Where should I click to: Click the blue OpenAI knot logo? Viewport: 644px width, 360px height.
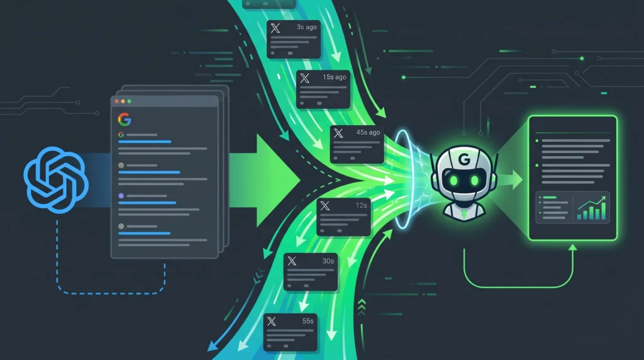(56, 180)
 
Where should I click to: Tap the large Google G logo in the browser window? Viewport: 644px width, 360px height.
(125, 120)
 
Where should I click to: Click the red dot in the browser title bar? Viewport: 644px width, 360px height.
(117, 101)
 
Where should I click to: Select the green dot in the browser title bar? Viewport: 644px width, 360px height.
(129, 101)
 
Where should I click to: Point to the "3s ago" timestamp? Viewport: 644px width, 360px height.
(307, 27)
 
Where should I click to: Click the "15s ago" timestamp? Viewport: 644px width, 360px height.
(335, 77)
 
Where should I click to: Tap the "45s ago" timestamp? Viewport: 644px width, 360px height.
(368, 132)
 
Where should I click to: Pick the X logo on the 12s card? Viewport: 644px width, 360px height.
(325, 205)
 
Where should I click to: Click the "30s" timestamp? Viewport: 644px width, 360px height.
(328, 261)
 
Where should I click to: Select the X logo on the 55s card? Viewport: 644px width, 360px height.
(272, 322)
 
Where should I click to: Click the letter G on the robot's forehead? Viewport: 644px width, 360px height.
(464, 159)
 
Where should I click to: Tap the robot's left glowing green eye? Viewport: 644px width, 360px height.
(454, 180)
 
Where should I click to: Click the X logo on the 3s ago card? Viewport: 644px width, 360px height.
(275, 28)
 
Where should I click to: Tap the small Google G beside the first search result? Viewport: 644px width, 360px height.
(121, 135)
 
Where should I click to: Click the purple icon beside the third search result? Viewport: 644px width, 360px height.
(121, 196)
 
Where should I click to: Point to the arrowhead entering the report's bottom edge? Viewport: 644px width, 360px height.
(572, 247)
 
